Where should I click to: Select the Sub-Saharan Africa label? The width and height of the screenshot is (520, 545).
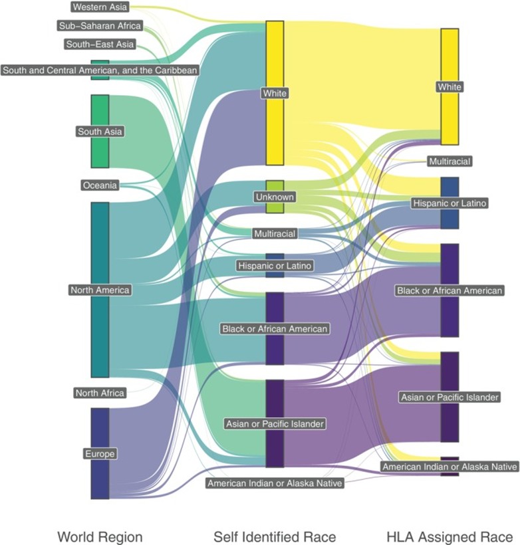tap(99, 26)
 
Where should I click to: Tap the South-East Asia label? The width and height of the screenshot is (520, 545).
tap(100, 45)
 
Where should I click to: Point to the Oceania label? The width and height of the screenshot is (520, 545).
tap(100, 185)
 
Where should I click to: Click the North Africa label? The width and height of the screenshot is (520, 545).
tap(100, 393)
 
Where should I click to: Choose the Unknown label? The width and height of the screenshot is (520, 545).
tap(275, 197)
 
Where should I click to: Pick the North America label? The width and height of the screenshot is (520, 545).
tap(100, 290)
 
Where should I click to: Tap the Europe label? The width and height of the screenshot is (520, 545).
tap(100, 454)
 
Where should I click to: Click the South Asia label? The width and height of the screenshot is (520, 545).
tap(100, 132)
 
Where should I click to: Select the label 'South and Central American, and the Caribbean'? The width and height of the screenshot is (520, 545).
tap(100, 69)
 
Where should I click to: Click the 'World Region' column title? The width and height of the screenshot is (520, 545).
tap(100, 536)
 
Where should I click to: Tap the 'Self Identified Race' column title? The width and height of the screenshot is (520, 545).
tap(275, 536)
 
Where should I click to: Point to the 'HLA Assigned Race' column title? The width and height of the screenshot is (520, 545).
tap(450, 536)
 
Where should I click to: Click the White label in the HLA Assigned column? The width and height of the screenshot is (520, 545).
tap(450, 87)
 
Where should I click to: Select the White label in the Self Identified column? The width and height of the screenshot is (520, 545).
tap(275, 94)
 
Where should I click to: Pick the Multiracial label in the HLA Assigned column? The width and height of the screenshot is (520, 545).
tap(450, 162)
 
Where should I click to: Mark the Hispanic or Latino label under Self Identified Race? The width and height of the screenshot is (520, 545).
tap(275, 266)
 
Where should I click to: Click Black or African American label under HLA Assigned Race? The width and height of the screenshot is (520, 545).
tap(450, 290)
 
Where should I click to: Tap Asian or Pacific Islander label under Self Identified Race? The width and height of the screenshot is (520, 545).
tap(275, 423)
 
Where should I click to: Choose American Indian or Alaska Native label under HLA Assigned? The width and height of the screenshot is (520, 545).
tap(450, 467)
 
